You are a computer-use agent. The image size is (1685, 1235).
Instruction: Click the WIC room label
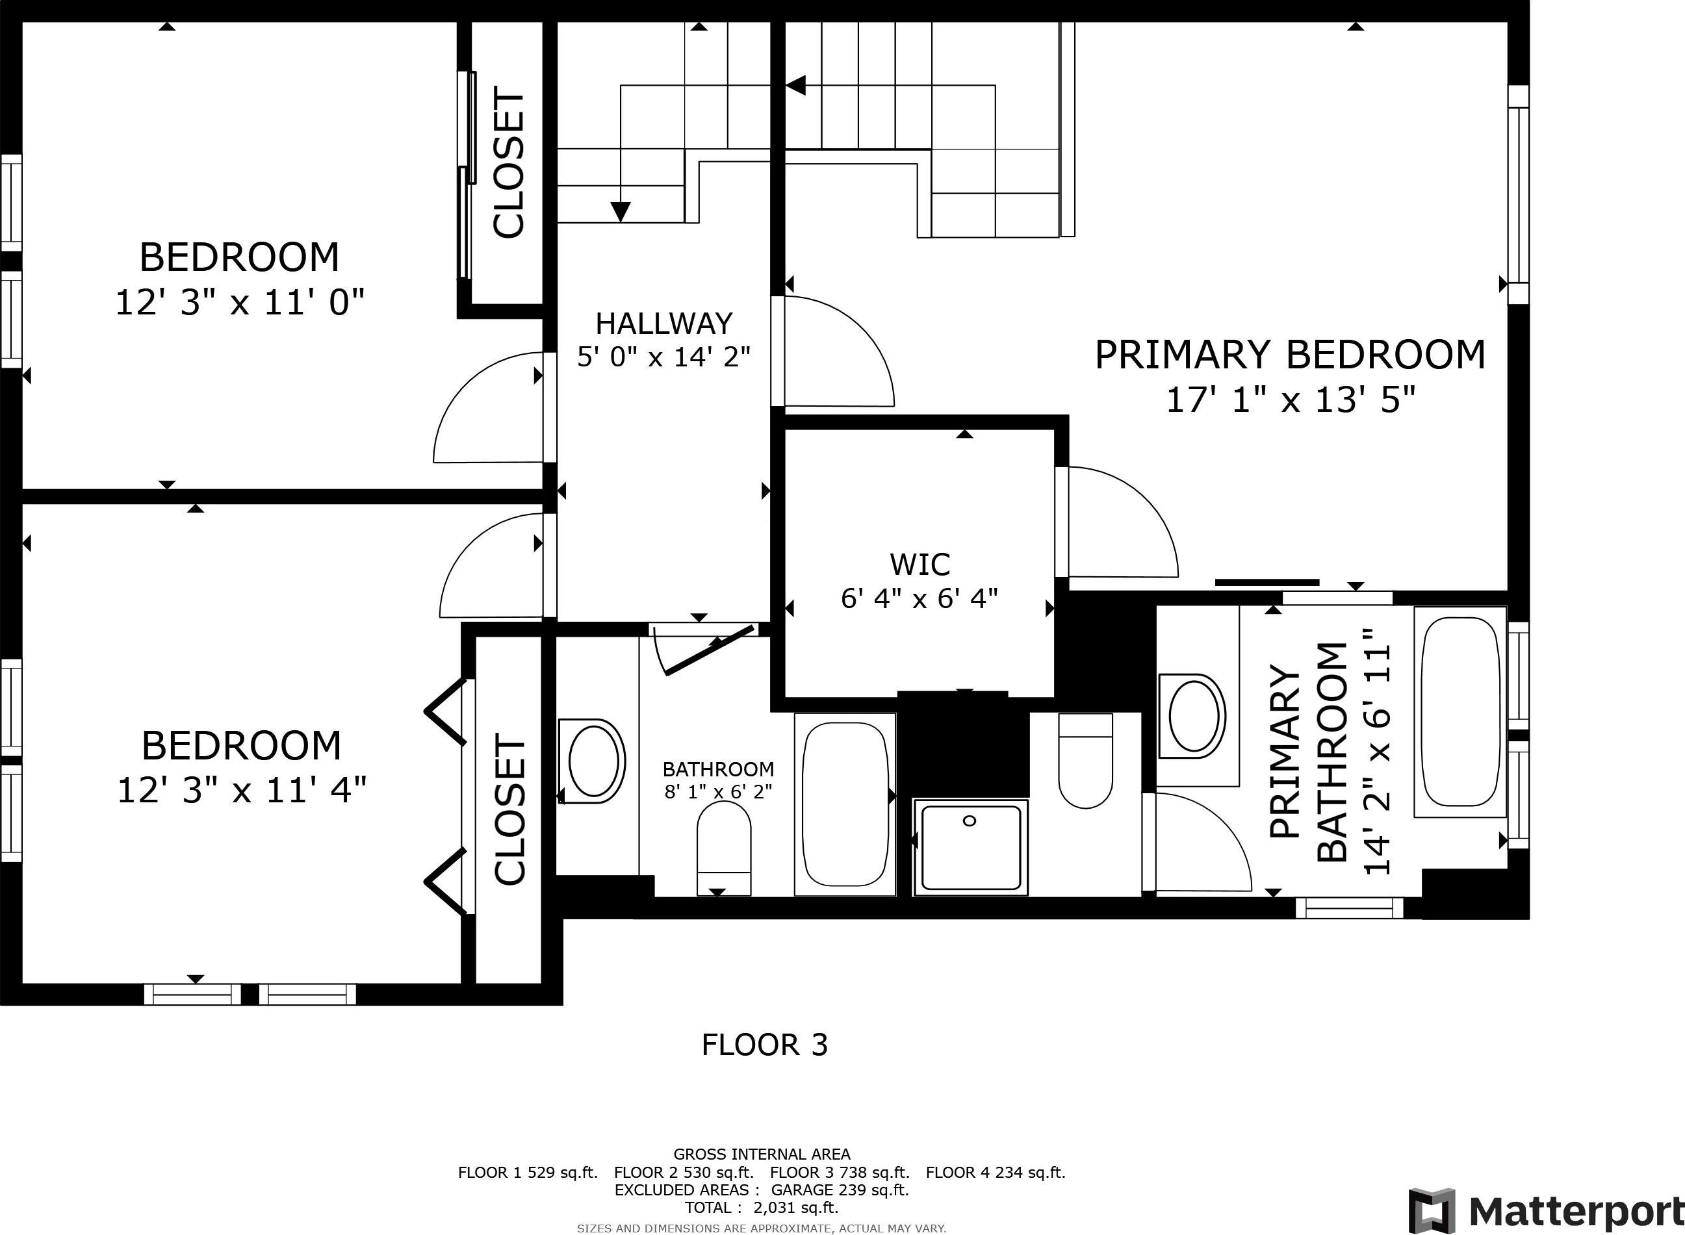point(920,565)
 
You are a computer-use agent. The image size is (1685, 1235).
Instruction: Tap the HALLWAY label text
point(664,324)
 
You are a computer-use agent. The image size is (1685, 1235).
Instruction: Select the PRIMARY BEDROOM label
point(1291,355)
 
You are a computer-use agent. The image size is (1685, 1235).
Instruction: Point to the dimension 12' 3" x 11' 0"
point(240,303)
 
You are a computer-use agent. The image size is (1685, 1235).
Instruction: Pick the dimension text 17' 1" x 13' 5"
point(1292,401)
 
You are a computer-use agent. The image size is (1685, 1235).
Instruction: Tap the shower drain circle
point(970,821)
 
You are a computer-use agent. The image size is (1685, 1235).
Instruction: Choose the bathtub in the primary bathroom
point(1460,711)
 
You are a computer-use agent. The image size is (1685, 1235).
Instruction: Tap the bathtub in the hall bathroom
point(845,804)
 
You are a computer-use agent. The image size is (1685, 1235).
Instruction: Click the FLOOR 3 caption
point(765,1045)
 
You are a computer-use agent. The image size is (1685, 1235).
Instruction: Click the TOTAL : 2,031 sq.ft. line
point(762,1207)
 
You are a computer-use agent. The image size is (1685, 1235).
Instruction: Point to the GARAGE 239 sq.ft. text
point(840,1190)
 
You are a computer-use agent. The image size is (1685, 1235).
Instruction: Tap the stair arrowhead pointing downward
point(621,212)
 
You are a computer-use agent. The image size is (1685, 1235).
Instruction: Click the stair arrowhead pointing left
point(795,85)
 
